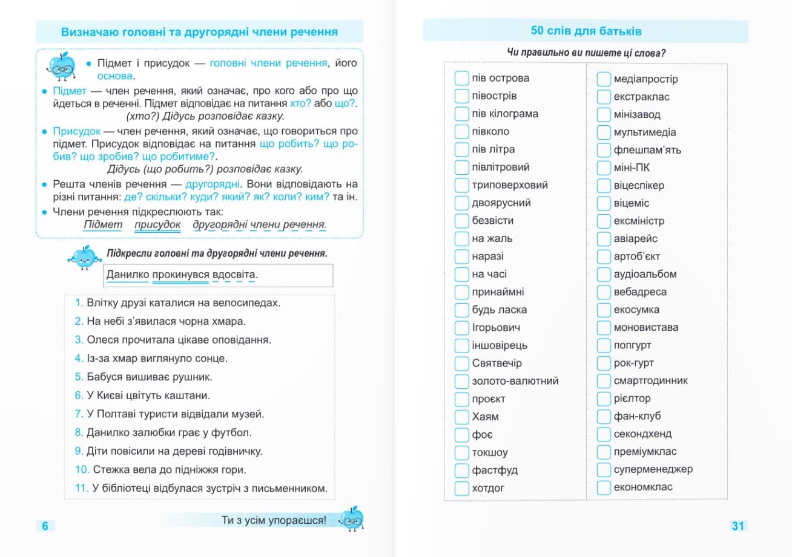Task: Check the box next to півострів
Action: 462,96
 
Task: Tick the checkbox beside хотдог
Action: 462,488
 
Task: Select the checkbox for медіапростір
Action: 604,79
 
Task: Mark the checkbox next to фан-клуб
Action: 604,416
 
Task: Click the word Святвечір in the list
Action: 497,363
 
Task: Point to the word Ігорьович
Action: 496,328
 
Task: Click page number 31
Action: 738,526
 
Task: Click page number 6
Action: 45,526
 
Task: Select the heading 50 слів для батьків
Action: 586,31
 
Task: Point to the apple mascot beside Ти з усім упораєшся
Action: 351,518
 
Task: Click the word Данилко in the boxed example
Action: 127,275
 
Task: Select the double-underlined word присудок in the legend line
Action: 157,225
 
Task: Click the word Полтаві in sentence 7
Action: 120,414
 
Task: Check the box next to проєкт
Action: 462,399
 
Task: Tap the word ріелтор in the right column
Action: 632,399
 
